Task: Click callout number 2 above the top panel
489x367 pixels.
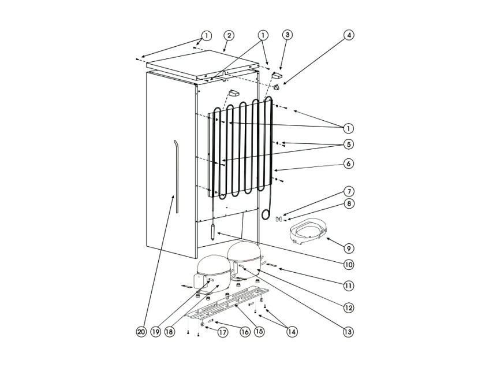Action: [x=229, y=35]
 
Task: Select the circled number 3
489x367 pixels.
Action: [x=287, y=35]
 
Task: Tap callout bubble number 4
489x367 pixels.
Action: [x=348, y=35]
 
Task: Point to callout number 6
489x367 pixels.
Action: [x=348, y=164]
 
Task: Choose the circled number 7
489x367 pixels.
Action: [x=348, y=191]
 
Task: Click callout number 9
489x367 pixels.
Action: [x=348, y=248]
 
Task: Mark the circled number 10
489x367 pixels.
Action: [x=348, y=265]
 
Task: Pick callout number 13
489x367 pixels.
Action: [x=348, y=332]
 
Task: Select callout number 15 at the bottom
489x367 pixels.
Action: [x=259, y=332]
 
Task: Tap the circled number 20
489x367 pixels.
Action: [x=141, y=332]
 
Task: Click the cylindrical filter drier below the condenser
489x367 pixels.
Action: [x=215, y=232]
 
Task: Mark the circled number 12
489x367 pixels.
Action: [x=348, y=308]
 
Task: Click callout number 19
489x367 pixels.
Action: [x=155, y=332]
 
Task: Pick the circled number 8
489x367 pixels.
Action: [x=348, y=204]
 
